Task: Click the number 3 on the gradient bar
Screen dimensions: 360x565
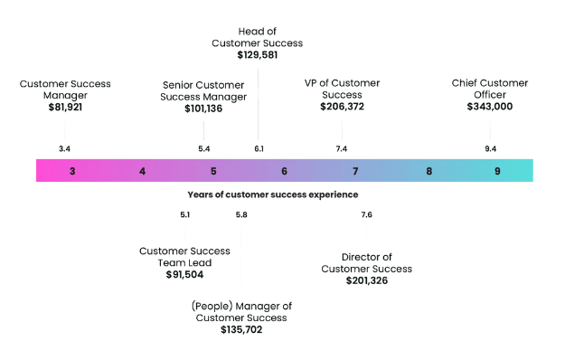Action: (72, 171)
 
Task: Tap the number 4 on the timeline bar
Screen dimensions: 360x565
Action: (142, 171)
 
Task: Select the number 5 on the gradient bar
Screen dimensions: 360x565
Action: (213, 171)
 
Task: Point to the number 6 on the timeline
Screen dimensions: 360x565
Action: (284, 171)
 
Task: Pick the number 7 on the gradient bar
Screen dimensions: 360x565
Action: (355, 171)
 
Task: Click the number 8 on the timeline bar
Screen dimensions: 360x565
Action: (429, 171)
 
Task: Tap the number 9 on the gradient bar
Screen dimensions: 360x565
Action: (496, 171)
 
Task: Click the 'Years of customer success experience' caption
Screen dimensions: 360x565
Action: (273, 194)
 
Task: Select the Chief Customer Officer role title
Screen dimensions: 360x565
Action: (489, 89)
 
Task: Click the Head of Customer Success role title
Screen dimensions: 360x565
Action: (258, 37)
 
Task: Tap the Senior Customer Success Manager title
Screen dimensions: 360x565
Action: (204, 89)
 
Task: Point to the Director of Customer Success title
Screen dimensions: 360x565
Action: (365, 262)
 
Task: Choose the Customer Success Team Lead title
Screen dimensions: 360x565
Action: (184, 256)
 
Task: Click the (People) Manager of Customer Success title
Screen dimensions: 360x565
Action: (241, 312)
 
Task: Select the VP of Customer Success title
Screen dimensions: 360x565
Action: (343, 89)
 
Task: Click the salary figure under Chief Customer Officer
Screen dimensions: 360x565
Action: (489, 106)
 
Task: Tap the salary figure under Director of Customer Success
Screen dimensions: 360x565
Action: (365, 280)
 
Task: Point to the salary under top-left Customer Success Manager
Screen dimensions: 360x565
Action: (65, 106)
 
